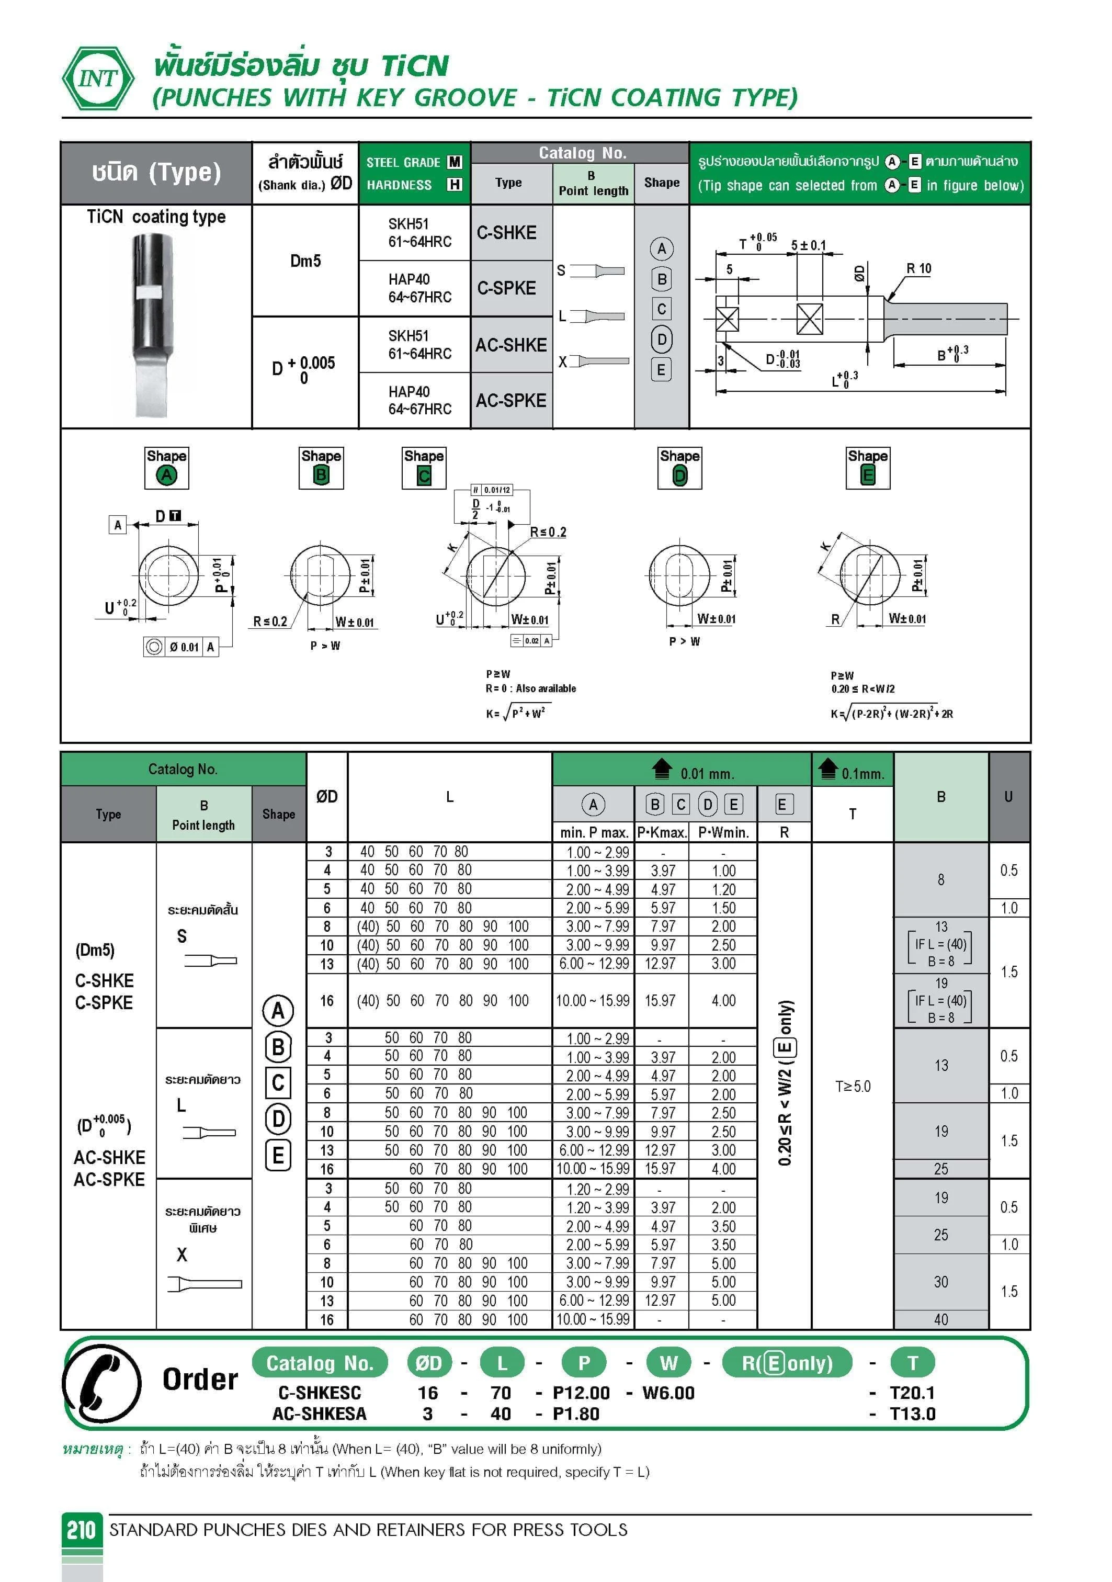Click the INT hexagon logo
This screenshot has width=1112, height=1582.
click(x=98, y=78)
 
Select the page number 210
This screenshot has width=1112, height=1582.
click(x=81, y=1530)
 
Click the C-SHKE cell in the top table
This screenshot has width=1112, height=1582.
click(x=506, y=233)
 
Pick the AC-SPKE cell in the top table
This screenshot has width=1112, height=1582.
click(x=510, y=400)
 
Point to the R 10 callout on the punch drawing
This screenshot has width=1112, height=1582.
click(x=918, y=269)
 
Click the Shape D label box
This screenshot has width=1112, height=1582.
click(x=679, y=468)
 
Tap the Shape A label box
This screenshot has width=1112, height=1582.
click(x=166, y=468)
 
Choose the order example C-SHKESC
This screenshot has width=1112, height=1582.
click(x=319, y=1393)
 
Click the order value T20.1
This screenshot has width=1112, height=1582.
click(x=912, y=1393)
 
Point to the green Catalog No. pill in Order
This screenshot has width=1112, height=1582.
click(x=320, y=1363)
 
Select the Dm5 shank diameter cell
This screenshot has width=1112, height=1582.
click(x=305, y=261)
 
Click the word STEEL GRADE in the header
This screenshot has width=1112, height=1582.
click(x=403, y=163)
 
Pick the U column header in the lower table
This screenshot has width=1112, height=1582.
click(x=1008, y=797)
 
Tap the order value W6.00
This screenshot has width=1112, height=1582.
click(x=668, y=1393)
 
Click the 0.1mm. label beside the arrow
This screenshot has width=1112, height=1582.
click(x=863, y=774)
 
